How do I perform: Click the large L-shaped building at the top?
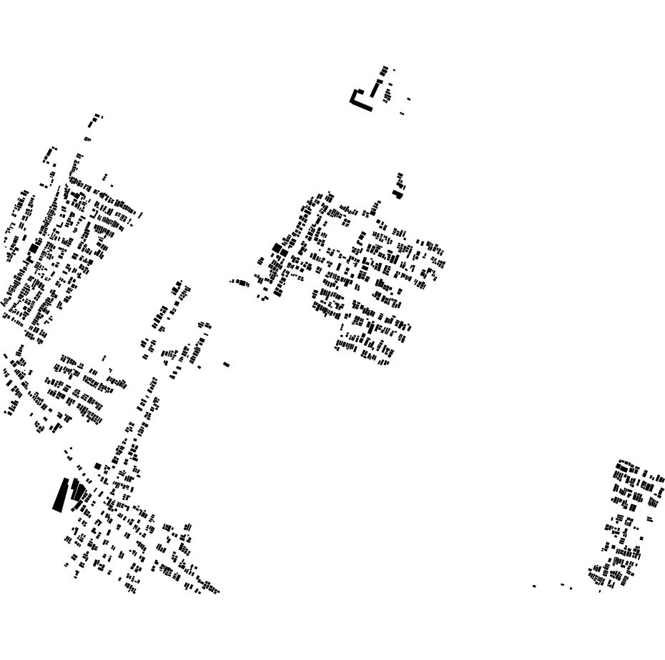[x=361, y=104]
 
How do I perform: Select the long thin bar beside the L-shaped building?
[x=375, y=89]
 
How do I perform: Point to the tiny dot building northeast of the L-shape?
[x=394, y=70]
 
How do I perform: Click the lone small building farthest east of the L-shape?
[x=409, y=99]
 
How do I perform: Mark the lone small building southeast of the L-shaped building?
[x=402, y=114]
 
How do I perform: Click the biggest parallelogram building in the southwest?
[x=60, y=495]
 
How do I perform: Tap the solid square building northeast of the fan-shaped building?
[x=97, y=466]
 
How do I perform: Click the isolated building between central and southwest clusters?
[x=226, y=364]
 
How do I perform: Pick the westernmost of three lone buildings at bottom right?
[x=534, y=586]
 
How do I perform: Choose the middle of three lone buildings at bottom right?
[x=563, y=584]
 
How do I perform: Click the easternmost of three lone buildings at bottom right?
[x=571, y=588]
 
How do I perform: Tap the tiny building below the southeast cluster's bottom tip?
[x=600, y=591]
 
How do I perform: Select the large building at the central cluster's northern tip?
[x=398, y=193]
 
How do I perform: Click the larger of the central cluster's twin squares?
[x=277, y=249]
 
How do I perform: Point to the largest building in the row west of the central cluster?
[x=242, y=283]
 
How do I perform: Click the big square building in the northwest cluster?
[x=34, y=248]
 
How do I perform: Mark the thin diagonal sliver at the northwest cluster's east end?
[x=140, y=214]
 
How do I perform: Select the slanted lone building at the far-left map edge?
[x=5, y=355]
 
